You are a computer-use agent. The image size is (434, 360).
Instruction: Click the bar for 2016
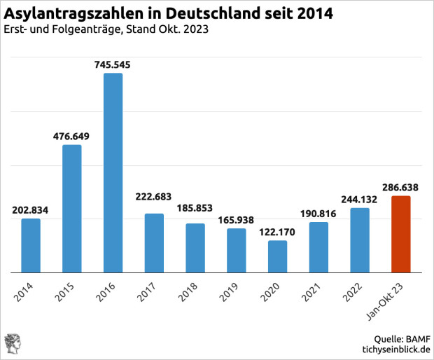[x=113, y=172]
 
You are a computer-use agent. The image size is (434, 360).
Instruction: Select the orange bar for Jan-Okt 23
[x=400, y=234]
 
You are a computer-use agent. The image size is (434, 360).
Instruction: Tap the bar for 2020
[x=277, y=256]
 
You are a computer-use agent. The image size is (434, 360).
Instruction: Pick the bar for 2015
[x=71, y=208]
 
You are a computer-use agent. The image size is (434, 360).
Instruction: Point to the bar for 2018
[x=195, y=248]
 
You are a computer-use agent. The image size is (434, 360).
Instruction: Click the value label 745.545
[x=113, y=64]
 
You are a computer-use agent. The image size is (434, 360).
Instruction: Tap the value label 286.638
[x=400, y=188]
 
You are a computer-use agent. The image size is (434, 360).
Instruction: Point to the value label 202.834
[x=31, y=210]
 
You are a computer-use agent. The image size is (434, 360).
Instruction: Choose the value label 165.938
[x=236, y=220]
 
